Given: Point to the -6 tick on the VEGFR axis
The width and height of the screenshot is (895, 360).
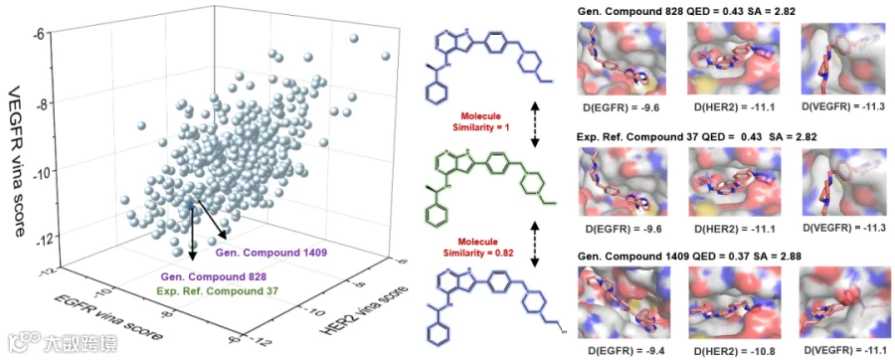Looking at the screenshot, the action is tap(38, 33).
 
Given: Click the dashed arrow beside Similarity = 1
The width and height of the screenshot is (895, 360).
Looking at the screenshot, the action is tap(534, 124).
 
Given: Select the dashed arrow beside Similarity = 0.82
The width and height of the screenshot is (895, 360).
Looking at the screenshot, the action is tap(534, 246).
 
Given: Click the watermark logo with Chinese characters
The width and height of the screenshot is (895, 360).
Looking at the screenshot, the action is tap(63, 343).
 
